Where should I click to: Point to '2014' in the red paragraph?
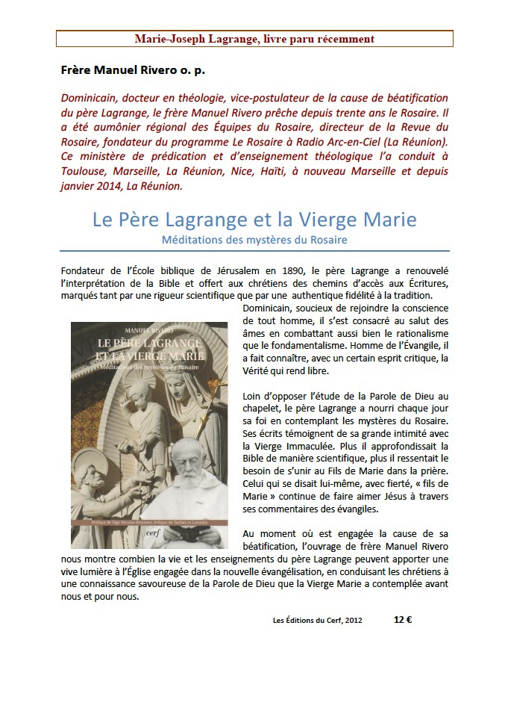pyautogui.click(x=113, y=186)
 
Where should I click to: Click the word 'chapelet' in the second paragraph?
pyautogui.click(x=263, y=408)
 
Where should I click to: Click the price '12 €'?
pyautogui.click(x=403, y=619)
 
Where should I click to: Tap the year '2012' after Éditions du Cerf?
pyautogui.click(x=351, y=620)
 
